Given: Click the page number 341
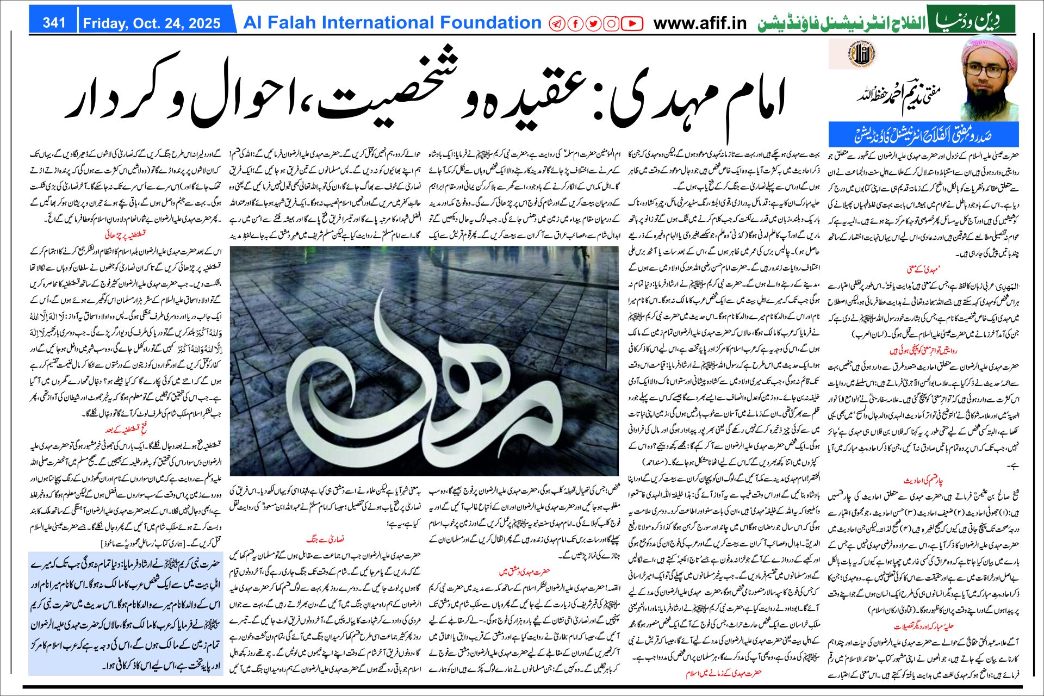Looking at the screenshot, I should pos(54,23).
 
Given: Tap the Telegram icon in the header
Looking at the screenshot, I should pos(557,24).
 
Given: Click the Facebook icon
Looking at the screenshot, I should pos(575,24).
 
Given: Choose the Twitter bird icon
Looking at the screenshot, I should pos(593,24).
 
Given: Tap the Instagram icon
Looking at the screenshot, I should pos(611,24).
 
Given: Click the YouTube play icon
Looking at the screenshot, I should pos(631,24).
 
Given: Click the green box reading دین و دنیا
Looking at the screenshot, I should pos(971,20).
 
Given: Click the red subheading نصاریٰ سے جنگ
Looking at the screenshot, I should pos(325,539).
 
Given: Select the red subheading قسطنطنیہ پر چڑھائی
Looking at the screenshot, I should pos(126,235).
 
